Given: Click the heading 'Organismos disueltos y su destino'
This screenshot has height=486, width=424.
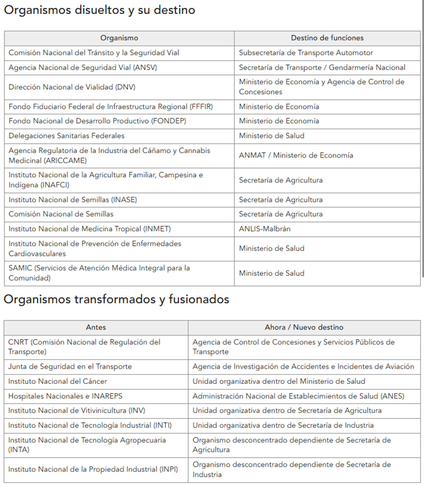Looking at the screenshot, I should (x=99, y=11).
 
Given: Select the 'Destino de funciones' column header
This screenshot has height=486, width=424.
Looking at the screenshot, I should (x=327, y=38).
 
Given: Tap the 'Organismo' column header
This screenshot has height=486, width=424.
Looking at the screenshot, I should (x=119, y=38).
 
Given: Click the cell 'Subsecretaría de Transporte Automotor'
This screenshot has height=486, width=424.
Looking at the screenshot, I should (x=306, y=53).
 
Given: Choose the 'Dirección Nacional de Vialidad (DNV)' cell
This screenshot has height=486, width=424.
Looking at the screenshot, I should (x=72, y=87).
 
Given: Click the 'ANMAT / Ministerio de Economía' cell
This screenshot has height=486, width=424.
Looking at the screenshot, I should (x=296, y=155).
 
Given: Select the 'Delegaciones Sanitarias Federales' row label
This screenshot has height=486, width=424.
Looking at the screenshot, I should (x=67, y=136).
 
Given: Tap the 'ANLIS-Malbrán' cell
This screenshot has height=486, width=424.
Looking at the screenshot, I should (x=265, y=229).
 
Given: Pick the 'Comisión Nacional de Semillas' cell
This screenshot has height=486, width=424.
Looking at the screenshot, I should (x=61, y=214).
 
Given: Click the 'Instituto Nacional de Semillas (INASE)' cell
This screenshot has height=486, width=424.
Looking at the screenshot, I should (x=73, y=200).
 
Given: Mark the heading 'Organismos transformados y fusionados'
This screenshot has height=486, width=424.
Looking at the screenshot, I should (x=116, y=299).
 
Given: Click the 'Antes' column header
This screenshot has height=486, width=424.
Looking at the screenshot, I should (x=96, y=327).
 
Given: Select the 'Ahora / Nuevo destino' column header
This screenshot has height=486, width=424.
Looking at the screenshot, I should (x=304, y=327).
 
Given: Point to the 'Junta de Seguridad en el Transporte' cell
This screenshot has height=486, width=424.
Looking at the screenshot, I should (x=70, y=366).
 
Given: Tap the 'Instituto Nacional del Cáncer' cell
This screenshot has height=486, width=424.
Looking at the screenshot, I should (x=58, y=381).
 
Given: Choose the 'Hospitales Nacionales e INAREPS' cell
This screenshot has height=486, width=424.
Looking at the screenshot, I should (x=65, y=396).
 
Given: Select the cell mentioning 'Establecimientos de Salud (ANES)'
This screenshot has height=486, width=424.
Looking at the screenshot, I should (x=298, y=396).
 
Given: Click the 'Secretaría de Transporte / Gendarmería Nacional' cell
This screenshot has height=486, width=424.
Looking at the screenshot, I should (x=322, y=67).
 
